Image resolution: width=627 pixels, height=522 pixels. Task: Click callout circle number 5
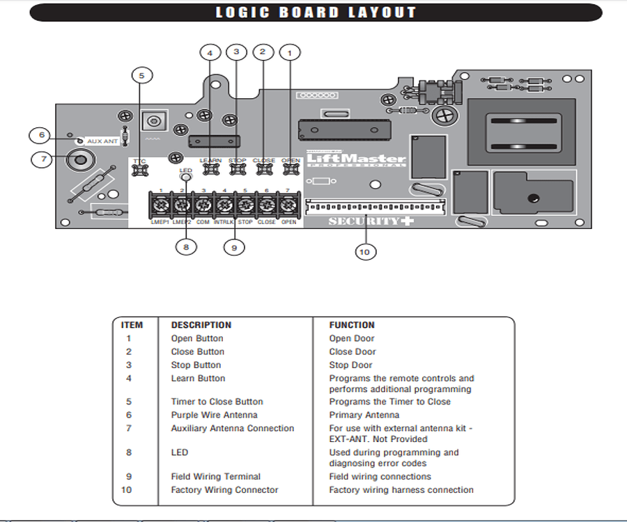point(141,75)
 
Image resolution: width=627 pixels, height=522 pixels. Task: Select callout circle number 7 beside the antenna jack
point(43,159)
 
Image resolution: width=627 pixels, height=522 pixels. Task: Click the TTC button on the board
point(139,169)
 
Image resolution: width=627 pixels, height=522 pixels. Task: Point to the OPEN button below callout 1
point(291,169)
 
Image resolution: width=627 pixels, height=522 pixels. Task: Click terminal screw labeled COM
point(203,206)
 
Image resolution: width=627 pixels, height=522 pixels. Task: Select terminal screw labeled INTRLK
point(224,206)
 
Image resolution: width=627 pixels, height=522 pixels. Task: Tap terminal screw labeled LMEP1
point(160,206)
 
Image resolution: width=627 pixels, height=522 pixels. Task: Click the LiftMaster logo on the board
point(355,159)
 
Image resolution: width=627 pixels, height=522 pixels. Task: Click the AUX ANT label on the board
point(102,141)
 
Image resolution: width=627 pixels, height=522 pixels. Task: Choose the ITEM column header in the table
point(132,325)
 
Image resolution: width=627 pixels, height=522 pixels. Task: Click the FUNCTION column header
point(352,325)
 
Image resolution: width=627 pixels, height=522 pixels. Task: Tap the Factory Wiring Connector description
point(224,490)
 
